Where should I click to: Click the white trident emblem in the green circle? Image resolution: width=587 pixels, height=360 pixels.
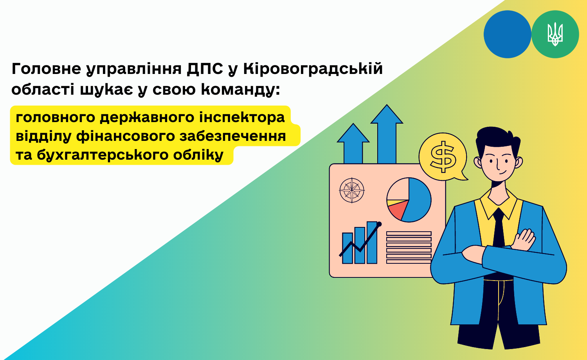tap(555, 34)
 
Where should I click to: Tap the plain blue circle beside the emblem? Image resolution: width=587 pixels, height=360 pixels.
tap(507, 34)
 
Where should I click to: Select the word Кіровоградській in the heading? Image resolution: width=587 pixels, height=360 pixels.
tap(313, 68)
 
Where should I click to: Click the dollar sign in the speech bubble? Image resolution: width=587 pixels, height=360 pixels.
tap(443, 157)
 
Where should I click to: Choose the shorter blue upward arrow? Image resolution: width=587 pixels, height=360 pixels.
tap(353, 144)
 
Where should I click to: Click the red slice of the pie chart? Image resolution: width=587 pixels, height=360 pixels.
tap(398, 210)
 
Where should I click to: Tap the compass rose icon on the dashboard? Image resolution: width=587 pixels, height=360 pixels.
tap(352, 190)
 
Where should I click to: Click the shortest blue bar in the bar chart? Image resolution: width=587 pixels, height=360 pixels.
tap(348, 248)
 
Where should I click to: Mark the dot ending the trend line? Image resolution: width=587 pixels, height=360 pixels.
tap(379, 224)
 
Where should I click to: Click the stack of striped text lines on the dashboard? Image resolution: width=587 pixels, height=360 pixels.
tap(409, 247)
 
